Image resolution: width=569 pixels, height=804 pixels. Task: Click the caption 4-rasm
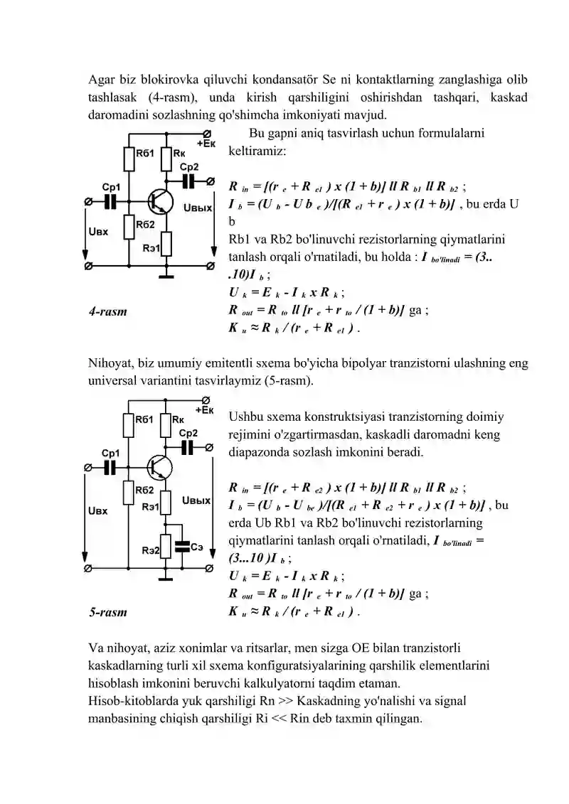tap(107, 311)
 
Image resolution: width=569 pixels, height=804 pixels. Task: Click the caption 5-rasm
tap(107, 612)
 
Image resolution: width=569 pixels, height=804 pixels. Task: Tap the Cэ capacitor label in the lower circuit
tap(197, 547)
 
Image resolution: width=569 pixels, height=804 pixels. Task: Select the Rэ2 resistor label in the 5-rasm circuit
tap(150, 550)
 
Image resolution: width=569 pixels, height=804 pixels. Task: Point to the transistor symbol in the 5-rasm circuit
tap(159, 467)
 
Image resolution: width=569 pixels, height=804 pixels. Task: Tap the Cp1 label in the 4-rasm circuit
tap(111, 187)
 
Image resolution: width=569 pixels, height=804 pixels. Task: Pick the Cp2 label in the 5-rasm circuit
tap(188, 433)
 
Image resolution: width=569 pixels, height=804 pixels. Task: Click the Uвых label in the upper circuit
tap(198, 208)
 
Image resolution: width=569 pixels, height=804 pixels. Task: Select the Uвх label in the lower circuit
tap(98, 510)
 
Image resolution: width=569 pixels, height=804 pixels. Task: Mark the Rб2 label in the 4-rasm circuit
tap(145, 224)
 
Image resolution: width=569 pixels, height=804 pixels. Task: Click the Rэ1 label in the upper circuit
tap(151, 248)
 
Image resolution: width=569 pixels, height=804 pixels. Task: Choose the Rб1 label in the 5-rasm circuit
tap(144, 419)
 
